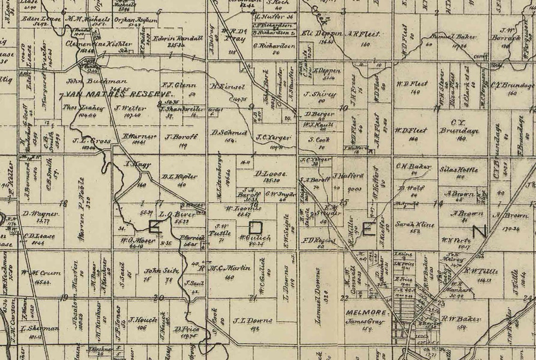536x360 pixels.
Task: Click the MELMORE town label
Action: [367, 313]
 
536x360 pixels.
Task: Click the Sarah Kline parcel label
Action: [408, 224]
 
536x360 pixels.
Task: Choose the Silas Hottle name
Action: [457, 170]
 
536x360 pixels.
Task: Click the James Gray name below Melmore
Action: [367, 322]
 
